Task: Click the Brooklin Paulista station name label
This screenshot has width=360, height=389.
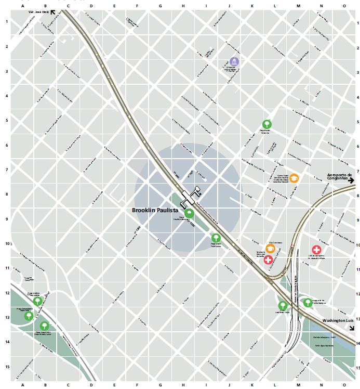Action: pyautogui.click(x=155, y=211)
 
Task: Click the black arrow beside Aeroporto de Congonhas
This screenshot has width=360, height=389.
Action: pyautogui.click(x=352, y=180)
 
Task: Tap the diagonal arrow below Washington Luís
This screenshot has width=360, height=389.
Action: pyautogui.click(x=352, y=328)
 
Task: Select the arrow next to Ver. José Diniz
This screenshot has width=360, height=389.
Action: pyautogui.click(x=52, y=10)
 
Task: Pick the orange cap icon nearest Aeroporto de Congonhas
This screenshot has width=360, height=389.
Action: pyautogui.click(x=294, y=178)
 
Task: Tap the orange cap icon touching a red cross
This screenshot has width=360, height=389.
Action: pyautogui.click(x=270, y=248)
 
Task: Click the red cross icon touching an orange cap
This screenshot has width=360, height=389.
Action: pyautogui.click(x=269, y=259)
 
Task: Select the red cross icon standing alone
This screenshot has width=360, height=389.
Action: pyautogui.click(x=316, y=250)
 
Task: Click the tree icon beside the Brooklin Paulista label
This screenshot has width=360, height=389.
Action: pyautogui.click(x=189, y=213)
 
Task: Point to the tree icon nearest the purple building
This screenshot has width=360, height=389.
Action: pyautogui.click(x=266, y=124)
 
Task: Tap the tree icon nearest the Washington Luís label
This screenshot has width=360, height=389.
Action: pyautogui.click(x=308, y=302)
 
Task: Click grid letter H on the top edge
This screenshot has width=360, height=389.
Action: pyautogui.click(x=183, y=6)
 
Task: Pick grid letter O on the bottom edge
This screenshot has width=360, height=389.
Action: pyautogui.click(x=344, y=385)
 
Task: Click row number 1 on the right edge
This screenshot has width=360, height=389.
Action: pyautogui.click(x=356, y=22)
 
